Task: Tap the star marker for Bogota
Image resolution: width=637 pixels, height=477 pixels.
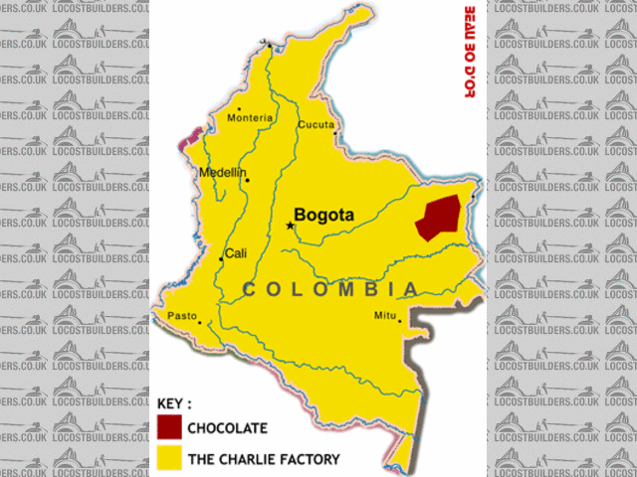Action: tap(291, 226)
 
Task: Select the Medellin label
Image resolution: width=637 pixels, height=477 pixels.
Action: tap(222, 172)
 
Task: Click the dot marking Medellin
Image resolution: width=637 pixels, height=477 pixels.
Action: tap(247, 180)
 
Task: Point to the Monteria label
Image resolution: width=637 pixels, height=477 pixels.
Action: tap(250, 118)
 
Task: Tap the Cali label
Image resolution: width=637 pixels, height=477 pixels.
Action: tap(236, 253)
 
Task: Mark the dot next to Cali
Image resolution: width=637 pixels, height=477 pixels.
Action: tap(221, 259)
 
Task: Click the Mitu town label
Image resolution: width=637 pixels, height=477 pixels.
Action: tap(384, 315)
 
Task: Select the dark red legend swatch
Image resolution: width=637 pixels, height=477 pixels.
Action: tap(169, 427)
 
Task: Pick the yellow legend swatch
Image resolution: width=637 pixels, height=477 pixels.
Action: tap(169, 458)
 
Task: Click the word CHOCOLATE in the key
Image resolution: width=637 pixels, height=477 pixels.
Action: tap(228, 428)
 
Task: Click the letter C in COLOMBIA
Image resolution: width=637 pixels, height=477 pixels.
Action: tap(251, 289)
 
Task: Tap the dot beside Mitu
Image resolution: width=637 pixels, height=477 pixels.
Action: tap(400, 320)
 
